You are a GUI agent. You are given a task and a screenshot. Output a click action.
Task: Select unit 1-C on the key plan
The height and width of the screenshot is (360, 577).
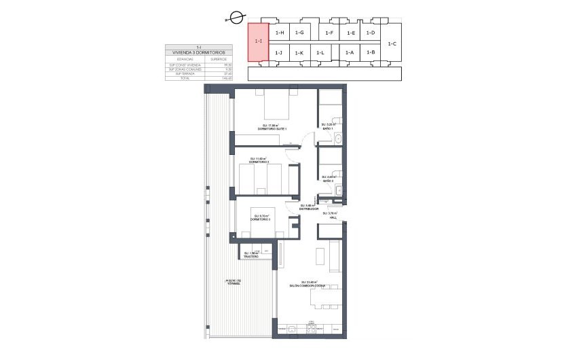click(x=392, y=43)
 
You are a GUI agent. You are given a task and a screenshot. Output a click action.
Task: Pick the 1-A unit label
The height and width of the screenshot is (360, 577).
click(x=350, y=52)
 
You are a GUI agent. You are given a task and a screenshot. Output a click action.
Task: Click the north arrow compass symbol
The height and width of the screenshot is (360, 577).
click(x=236, y=18)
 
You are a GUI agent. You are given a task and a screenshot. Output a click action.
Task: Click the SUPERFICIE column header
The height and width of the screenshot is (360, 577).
click(x=219, y=59)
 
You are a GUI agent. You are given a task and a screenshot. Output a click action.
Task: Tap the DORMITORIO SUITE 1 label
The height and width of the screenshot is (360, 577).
click(x=276, y=128)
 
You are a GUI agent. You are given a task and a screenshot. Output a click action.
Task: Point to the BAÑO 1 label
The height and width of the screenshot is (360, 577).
click(x=329, y=128)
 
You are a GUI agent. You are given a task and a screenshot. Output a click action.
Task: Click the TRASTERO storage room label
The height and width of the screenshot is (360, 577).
click(x=253, y=256)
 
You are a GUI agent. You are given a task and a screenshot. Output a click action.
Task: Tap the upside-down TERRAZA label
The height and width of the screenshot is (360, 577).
click(x=234, y=283)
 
